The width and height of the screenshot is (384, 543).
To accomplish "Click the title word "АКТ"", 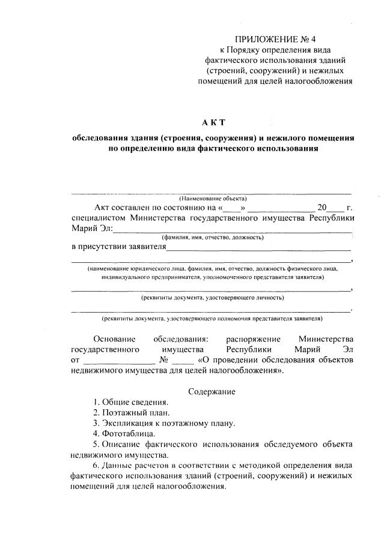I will pyautogui.click(x=213, y=122).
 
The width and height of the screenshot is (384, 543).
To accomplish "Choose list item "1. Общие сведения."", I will pyautogui.click(x=131, y=402).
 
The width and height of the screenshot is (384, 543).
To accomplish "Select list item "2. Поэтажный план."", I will pyautogui.click(x=132, y=412).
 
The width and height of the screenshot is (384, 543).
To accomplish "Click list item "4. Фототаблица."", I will pyautogui.click(x=124, y=433).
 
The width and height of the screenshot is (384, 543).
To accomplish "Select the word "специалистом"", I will pyautogui.click(x=98, y=218).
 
